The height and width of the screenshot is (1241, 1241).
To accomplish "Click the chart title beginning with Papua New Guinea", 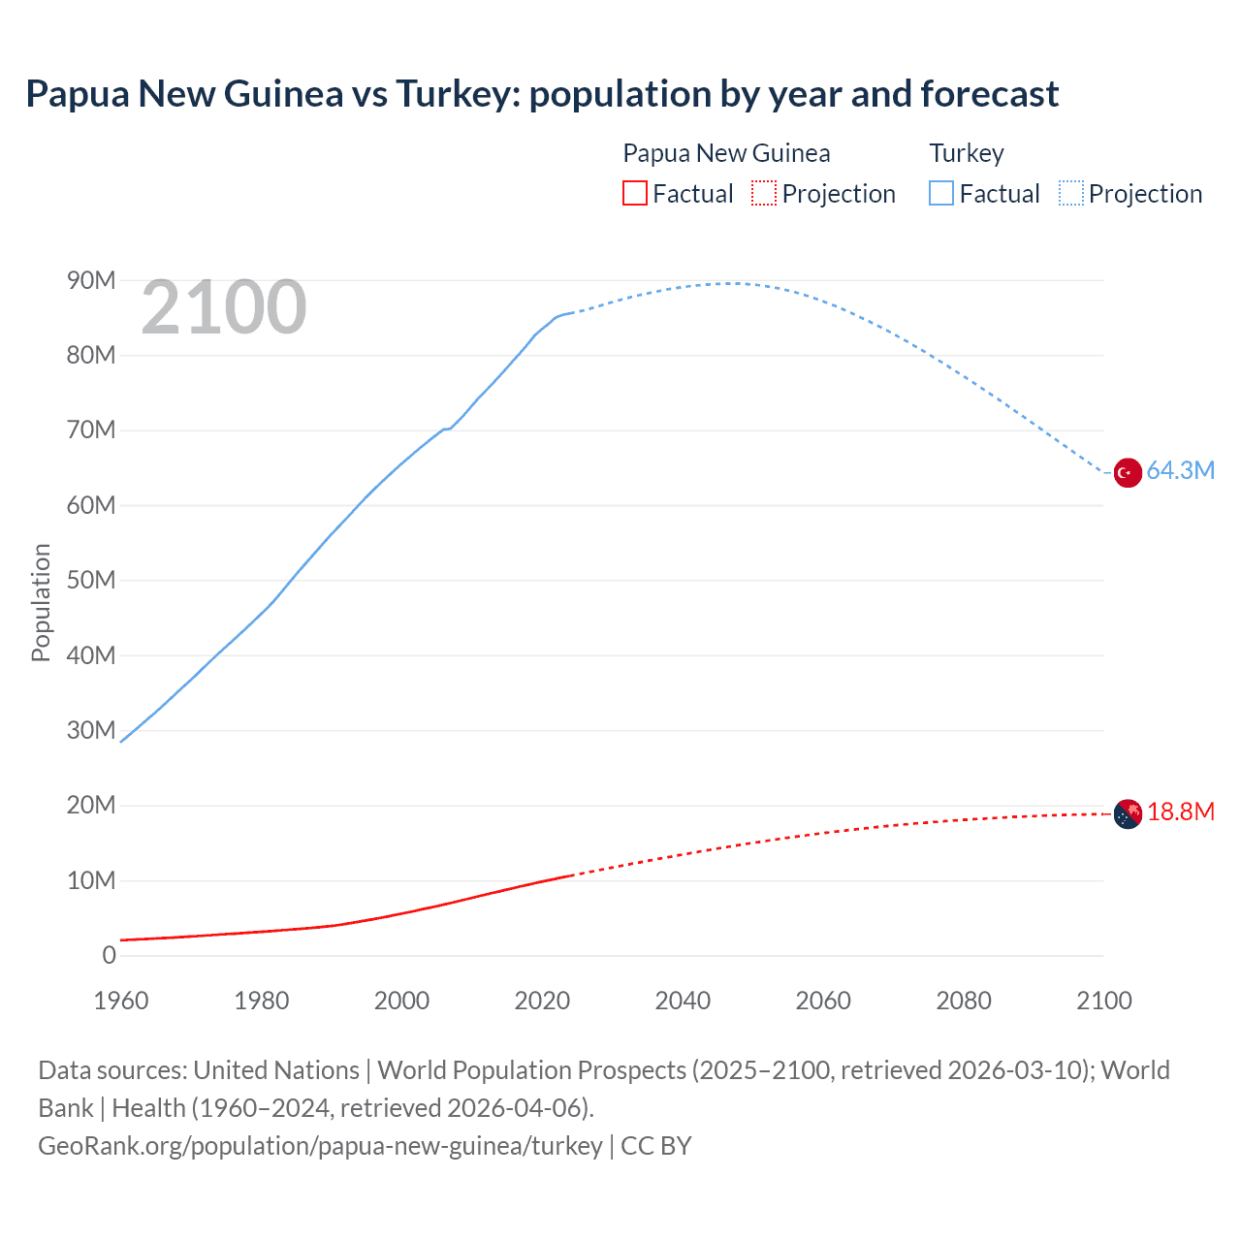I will tap(542, 94).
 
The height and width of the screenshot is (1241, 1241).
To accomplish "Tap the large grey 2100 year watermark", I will tap(224, 308).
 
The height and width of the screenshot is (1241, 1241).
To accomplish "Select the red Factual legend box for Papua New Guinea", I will tap(634, 194).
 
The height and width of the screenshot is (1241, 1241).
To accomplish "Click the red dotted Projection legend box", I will tap(764, 194).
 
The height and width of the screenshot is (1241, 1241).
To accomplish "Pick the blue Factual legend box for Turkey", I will tap(941, 194).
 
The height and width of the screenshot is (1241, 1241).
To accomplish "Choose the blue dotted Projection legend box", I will tap(1071, 194).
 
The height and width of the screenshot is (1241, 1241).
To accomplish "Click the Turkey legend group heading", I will tap(967, 153).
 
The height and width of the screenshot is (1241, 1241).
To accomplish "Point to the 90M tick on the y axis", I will tap(91, 280).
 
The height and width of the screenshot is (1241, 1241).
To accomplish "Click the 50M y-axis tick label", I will tap(91, 580).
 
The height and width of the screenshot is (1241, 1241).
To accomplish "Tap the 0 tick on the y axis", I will tap(109, 955).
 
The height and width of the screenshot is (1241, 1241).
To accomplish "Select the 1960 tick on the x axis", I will tap(121, 1001).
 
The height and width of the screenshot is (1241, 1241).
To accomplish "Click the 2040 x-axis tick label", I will tap(683, 1001).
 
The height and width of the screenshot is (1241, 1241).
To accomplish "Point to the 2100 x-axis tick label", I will tap(1103, 1001).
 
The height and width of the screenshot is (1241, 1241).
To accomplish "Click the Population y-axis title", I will tap(41, 602).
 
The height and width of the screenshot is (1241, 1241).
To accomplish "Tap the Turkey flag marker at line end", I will tap(1127, 473).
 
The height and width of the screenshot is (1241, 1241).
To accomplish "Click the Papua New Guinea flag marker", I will tap(1127, 814).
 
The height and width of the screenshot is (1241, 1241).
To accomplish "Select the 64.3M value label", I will tap(1180, 471).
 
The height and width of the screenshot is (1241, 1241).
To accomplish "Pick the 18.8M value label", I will tap(1180, 812).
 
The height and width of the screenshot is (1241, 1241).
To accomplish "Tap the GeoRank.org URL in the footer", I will tap(320, 1146).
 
